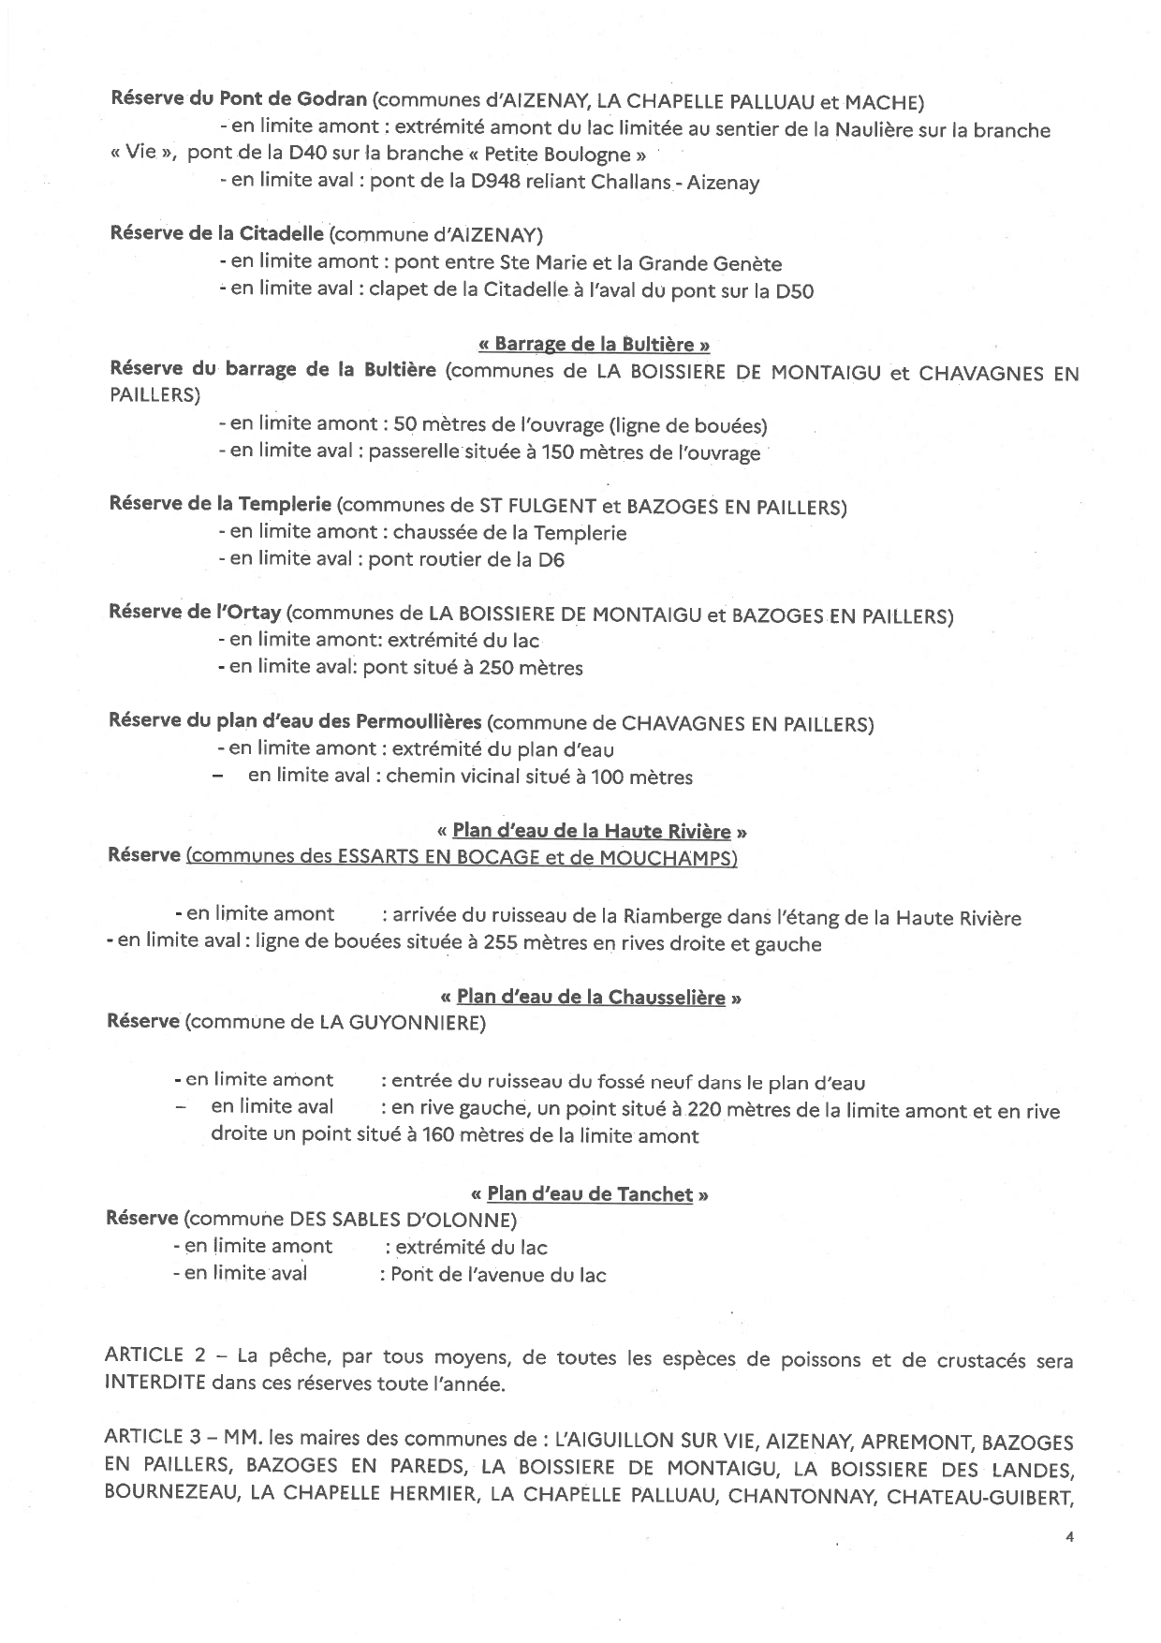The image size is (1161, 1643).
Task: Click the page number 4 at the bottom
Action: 1069,1537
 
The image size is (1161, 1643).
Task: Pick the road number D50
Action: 795,291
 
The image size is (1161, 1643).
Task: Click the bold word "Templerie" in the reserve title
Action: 285,505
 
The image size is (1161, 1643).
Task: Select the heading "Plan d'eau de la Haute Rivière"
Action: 592,832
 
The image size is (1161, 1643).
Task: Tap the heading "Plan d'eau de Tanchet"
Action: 590,1194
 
